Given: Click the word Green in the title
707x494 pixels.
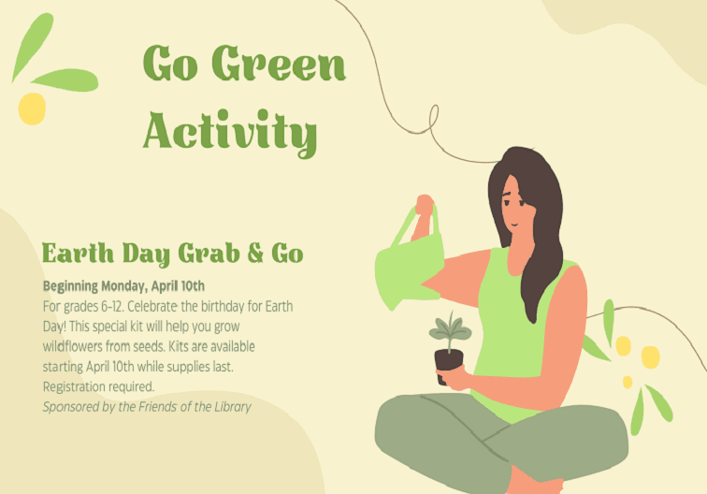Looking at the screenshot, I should click(x=279, y=65).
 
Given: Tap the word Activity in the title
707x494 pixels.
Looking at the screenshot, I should click(x=230, y=131).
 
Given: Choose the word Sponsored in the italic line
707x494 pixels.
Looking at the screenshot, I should click(x=73, y=407).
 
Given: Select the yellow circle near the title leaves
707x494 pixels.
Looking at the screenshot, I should click(x=32, y=109).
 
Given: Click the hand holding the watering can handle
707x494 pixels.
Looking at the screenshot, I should click(x=425, y=206).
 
